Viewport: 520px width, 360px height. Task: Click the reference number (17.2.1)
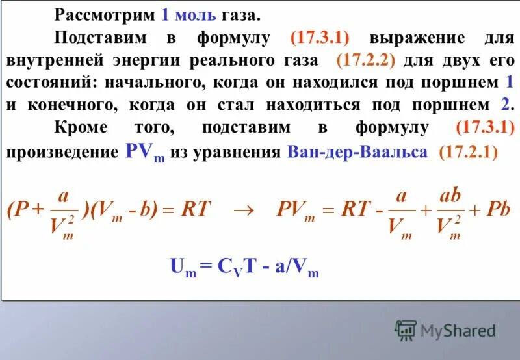pyautogui.click(x=468, y=152)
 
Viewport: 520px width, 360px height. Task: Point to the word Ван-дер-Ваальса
pyautogui.click(x=356, y=152)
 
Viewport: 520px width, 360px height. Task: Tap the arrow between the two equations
pyautogui.click(x=242, y=209)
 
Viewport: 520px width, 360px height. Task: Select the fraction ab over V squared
pyautogui.click(x=448, y=214)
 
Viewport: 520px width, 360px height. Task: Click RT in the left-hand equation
pyautogui.click(x=196, y=209)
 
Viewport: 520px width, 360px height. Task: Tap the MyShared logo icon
pyautogui.click(x=406, y=331)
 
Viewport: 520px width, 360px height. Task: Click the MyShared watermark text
pyautogui.click(x=458, y=331)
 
